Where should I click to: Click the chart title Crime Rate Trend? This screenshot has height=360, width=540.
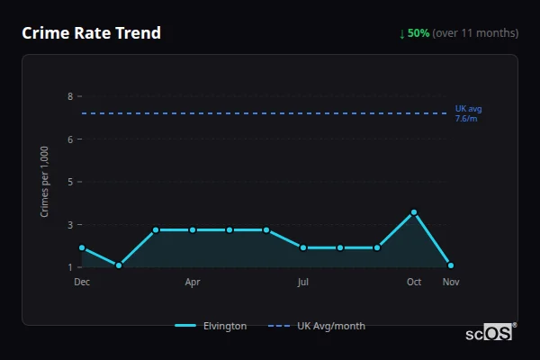click(x=91, y=33)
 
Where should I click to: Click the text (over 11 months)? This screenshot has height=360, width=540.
click(x=475, y=33)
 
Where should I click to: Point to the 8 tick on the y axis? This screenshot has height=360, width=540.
click(x=69, y=96)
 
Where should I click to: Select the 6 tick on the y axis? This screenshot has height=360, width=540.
click(x=69, y=139)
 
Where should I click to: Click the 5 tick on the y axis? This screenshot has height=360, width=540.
click(x=69, y=182)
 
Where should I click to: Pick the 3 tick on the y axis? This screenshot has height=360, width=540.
click(x=69, y=224)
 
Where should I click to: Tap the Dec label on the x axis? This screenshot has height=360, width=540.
click(x=82, y=282)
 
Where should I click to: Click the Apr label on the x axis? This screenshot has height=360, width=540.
click(x=193, y=282)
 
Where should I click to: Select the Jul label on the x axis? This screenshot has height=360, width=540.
click(x=303, y=282)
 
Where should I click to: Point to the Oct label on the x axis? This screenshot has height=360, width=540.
click(x=414, y=282)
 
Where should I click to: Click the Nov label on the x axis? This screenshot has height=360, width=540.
click(x=450, y=282)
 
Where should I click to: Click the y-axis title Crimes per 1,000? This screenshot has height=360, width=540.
click(x=45, y=181)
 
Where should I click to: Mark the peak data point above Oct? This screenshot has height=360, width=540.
click(x=414, y=212)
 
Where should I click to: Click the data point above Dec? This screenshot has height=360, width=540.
click(x=82, y=247)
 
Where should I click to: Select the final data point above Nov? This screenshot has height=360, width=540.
click(x=451, y=265)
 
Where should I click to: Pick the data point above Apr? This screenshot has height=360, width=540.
click(x=193, y=229)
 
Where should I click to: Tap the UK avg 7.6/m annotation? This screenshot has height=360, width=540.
click(x=468, y=113)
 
